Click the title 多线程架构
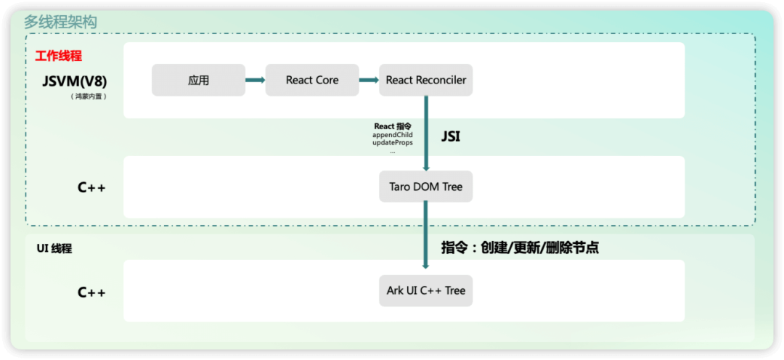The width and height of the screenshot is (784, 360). [60, 22]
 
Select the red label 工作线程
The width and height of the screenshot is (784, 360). [59, 56]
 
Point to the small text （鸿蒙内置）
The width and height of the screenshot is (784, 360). [89, 96]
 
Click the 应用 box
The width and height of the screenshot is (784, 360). [198, 80]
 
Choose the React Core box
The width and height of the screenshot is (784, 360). [312, 80]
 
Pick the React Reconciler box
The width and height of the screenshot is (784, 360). [426, 80]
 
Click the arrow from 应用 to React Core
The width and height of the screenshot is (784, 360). [255, 80]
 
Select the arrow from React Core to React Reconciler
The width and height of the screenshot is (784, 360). [369, 80]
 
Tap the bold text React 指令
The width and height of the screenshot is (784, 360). [393, 126]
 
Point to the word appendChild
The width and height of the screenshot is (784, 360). [393, 135]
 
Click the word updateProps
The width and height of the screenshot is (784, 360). [393, 143]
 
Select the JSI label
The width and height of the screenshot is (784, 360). [451, 136]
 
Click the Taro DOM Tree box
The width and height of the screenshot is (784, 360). [426, 187]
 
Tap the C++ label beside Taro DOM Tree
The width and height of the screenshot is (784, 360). [92, 188]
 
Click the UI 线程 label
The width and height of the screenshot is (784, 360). [54, 248]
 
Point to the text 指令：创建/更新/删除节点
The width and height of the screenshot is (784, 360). [520, 247]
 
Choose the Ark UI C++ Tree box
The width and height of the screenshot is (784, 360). [426, 290]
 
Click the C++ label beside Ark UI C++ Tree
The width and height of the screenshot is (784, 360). [92, 292]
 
